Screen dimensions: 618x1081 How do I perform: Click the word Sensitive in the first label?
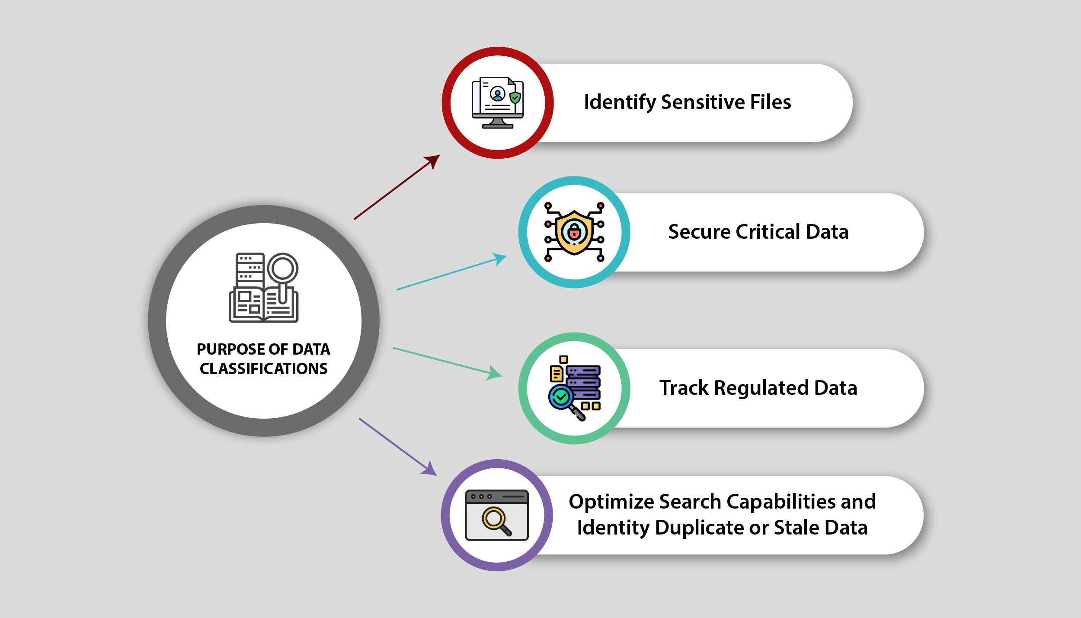click(x=702, y=102)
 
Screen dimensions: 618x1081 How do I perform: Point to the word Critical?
click(x=768, y=232)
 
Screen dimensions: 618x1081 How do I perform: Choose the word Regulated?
click(x=761, y=388)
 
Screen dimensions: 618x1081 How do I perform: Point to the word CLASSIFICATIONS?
click(x=263, y=368)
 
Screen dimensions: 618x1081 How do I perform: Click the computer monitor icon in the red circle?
click(x=497, y=103)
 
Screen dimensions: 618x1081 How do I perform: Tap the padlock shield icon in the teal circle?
click(x=574, y=232)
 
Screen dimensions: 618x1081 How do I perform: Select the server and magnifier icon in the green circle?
click(x=574, y=388)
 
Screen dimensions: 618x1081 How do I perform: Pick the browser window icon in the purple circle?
click(x=497, y=515)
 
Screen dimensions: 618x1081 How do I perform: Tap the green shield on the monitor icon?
click(x=515, y=98)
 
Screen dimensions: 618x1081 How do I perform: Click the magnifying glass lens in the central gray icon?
click(x=283, y=268)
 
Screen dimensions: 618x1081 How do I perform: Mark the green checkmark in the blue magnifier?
click(x=561, y=397)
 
